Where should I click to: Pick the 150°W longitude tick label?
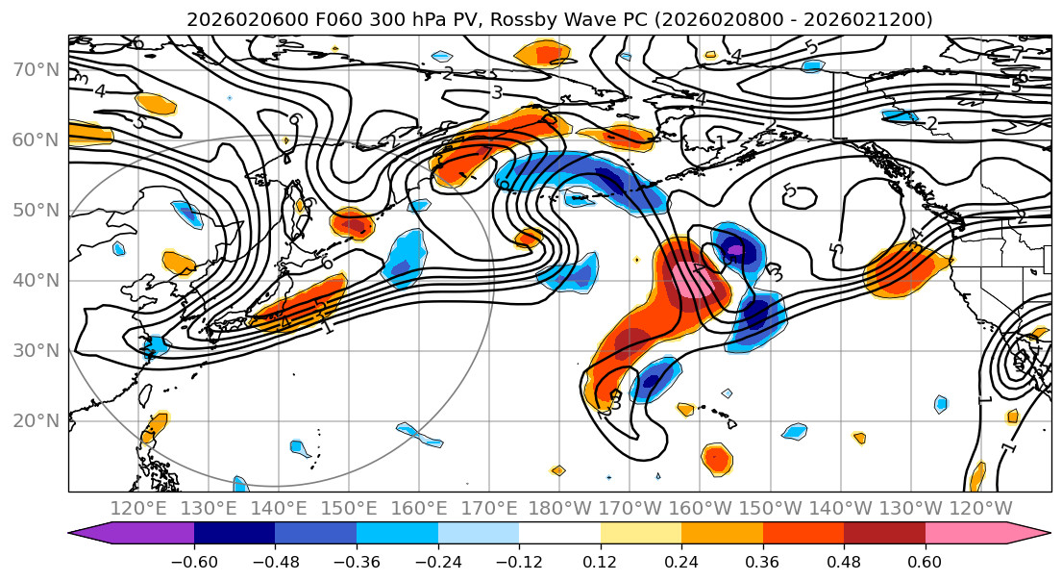coord(771,508)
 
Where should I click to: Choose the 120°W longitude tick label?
coord(980,508)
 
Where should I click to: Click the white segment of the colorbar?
coord(559,535)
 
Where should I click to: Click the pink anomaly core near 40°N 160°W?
coord(694,280)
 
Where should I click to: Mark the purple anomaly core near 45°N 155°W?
coord(735,251)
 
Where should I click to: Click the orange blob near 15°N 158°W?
coord(716,458)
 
